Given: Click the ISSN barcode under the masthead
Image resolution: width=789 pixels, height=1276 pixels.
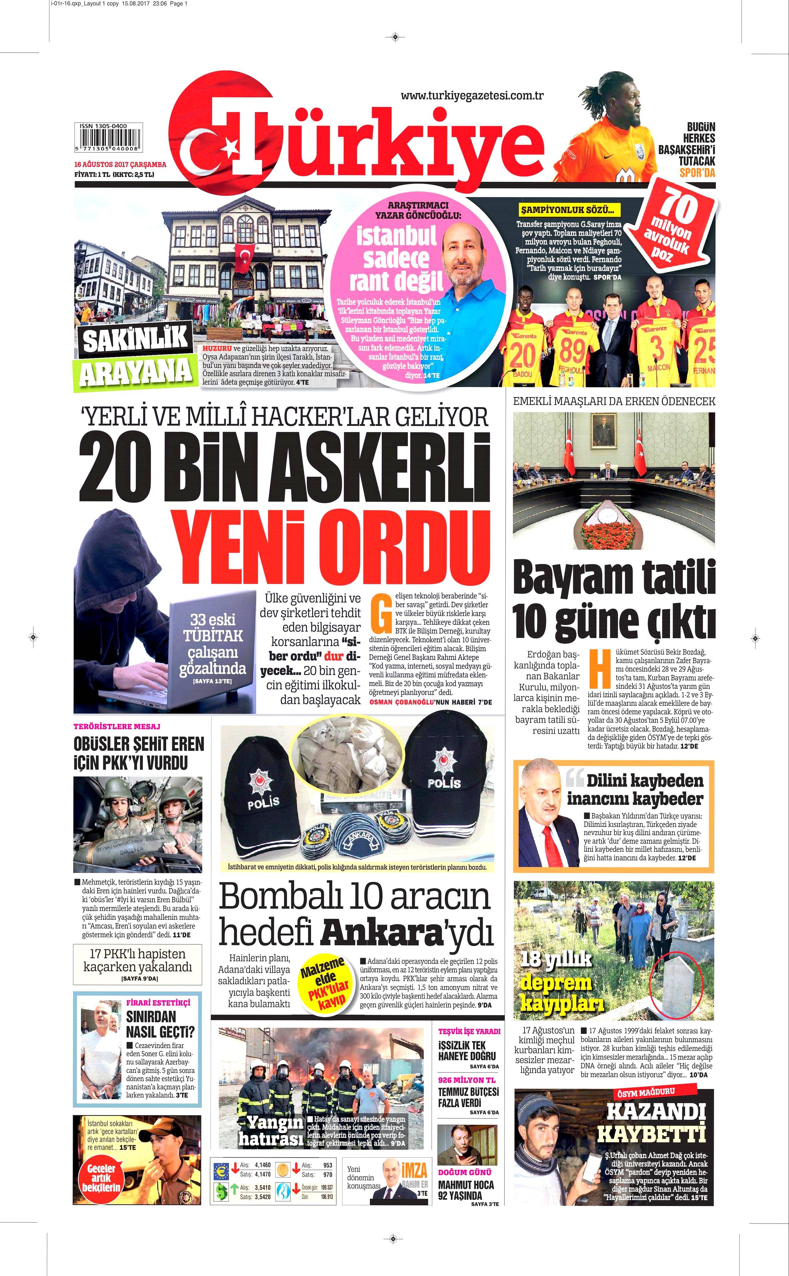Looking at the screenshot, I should tap(109, 141).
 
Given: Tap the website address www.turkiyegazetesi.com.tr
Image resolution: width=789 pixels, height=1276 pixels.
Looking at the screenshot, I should tap(472, 96).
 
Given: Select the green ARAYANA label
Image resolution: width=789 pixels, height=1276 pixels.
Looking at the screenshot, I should tap(136, 371).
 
